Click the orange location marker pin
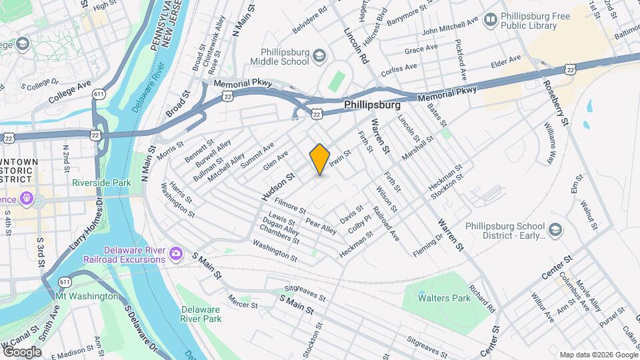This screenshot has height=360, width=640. [x=320, y=159]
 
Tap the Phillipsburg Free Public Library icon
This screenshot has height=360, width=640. [x=491, y=19]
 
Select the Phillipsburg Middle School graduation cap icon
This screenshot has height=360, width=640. [x=320, y=55]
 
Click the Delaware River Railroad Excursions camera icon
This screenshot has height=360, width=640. [x=176, y=253]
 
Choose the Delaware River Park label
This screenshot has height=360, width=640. [x=203, y=314]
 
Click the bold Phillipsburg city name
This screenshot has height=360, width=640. [x=372, y=105]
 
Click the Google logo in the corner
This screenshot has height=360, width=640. [x=21, y=351]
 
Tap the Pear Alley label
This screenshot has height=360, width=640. [x=321, y=225]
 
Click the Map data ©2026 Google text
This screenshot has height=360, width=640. [x=597, y=354]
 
